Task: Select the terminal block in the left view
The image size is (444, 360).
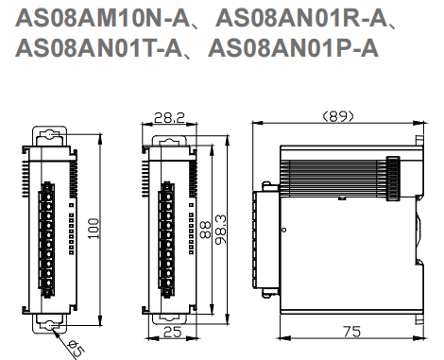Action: point(44,232)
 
